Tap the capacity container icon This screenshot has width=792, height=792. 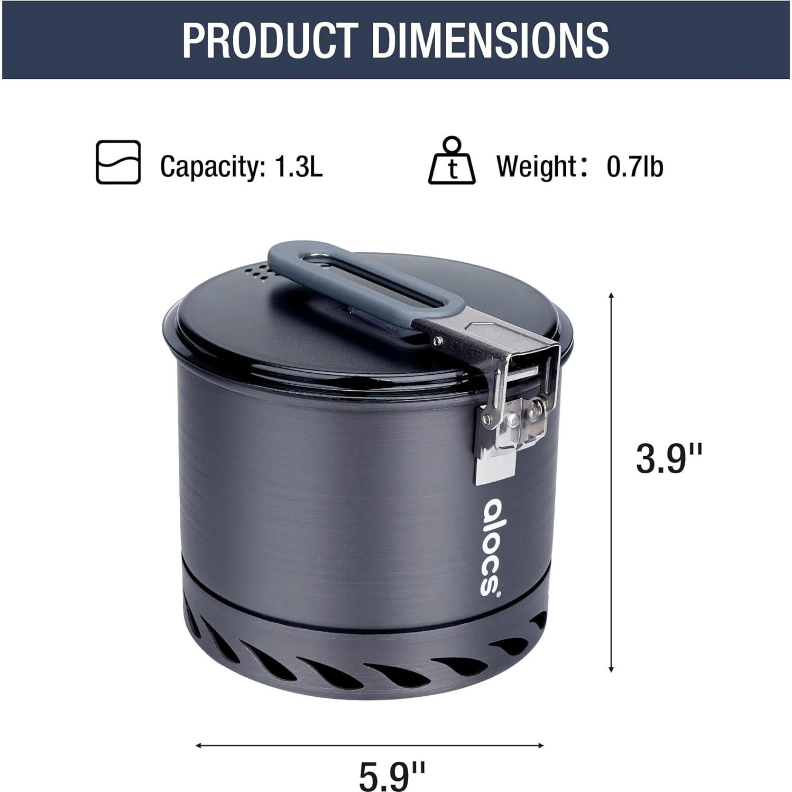click(x=118, y=162)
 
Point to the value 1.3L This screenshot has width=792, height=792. click(x=298, y=167)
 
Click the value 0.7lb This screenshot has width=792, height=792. click(x=634, y=167)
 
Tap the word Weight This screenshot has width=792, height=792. click(x=535, y=167)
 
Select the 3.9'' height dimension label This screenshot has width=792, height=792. click(x=668, y=458)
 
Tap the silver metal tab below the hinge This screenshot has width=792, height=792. click(x=494, y=468)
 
